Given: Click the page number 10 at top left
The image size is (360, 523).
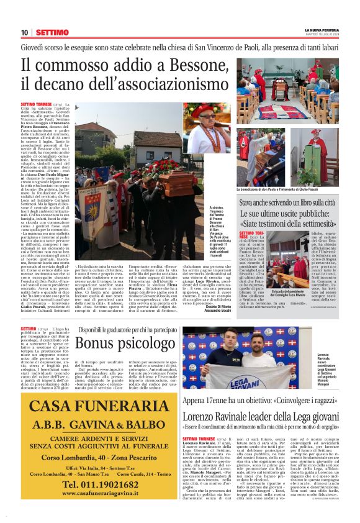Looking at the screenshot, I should click(24, 32).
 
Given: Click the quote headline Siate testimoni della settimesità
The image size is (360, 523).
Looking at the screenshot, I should click(294, 223).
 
